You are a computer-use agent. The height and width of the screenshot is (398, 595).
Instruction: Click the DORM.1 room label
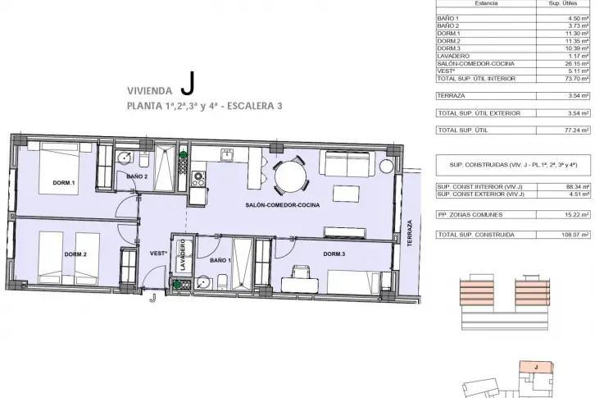(x=64, y=183)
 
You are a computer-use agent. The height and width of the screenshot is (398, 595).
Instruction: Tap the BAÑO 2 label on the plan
(x=137, y=176)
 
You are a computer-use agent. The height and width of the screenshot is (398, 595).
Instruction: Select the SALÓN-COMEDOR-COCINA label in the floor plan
(x=282, y=205)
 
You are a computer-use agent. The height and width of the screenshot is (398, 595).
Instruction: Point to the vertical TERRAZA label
(x=410, y=233)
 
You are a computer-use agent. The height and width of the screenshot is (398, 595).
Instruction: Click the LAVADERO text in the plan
(x=183, y=254)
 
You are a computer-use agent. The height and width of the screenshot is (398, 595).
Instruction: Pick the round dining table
(x=291, y=176)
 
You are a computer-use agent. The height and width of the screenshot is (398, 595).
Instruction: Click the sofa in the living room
(x=347, y=163)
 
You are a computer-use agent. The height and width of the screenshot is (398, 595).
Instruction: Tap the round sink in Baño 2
(x=124, y=157)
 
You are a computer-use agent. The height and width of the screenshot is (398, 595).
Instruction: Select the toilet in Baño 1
(x=223, y=282)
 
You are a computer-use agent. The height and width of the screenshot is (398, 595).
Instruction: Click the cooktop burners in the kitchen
(x=198, y=179)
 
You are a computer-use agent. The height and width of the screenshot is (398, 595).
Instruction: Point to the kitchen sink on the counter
(x=227, y=155)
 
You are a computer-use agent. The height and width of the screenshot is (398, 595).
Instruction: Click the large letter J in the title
(x=188, y=84)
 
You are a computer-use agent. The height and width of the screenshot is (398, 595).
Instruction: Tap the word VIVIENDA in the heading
(x=149, y=91)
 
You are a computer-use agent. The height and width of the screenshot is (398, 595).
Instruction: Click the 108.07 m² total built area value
(x=575, y=235)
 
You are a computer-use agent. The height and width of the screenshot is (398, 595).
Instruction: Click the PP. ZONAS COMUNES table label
(x=470, y=215)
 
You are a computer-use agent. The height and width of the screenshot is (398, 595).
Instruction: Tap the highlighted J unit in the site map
(x=536, y=367)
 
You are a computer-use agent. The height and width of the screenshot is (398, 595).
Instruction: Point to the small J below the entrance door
(x=152, y=299)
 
